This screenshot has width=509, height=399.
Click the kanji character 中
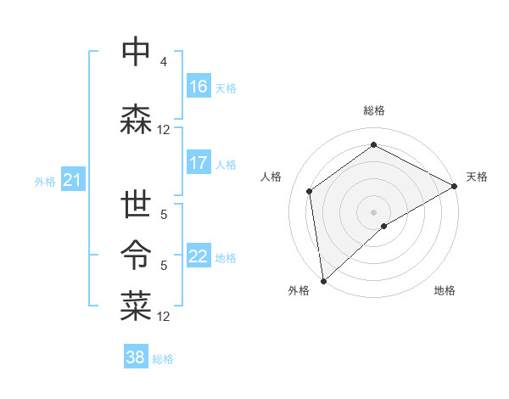136,52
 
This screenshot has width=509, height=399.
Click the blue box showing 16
199,87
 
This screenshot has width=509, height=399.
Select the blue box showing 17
199,163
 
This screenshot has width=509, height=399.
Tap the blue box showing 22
199,256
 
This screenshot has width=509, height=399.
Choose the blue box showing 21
72,180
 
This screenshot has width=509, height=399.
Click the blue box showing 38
136,358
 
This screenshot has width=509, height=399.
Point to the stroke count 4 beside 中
164,62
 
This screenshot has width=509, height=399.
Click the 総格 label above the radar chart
373,110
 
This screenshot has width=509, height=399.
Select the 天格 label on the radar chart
477,177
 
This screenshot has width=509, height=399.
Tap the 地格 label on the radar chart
445,291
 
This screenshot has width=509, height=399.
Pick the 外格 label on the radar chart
299,291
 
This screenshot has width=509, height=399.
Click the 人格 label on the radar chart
271,177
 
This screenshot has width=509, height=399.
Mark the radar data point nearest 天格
455,186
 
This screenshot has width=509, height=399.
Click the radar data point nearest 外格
323,281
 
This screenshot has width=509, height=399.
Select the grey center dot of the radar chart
373,211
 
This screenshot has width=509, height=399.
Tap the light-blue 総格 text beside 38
163,359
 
